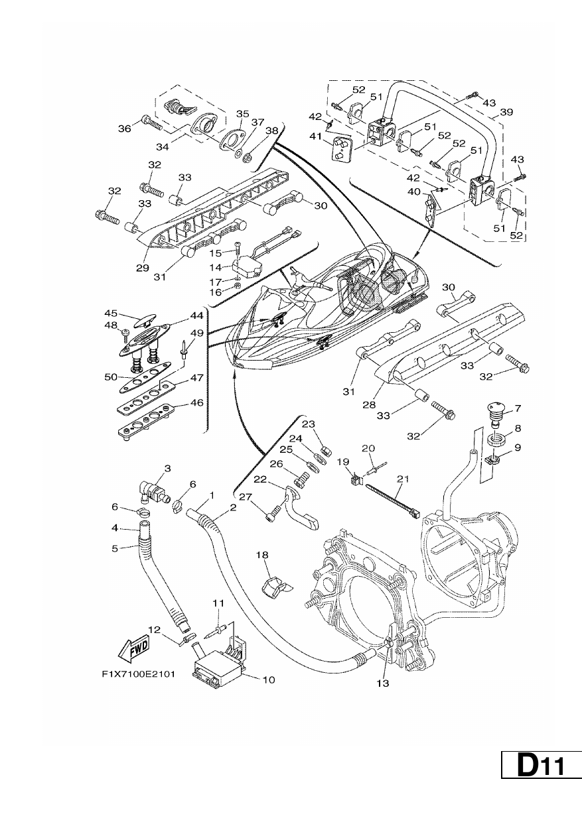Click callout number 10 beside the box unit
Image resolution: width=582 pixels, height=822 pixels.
click(x=269, y=679)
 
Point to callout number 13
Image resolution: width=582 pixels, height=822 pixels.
click(x=382, y=683)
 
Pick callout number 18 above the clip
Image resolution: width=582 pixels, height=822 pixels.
click(x=262, y=555)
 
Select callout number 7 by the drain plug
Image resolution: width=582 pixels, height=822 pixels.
click(x=518, y=408)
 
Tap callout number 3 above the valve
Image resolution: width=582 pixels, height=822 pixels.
click(x=167, y=468)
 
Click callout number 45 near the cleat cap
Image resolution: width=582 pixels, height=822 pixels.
click(x=111, y=313)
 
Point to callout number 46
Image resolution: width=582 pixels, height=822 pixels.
click(x=197, y=402)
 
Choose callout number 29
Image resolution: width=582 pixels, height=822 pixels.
click(x=143, y=268)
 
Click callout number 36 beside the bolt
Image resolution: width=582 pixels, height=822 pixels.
click(x=125, y=129)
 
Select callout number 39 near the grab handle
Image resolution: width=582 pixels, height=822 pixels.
click(x=506, y=112)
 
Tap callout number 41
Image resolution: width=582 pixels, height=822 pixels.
click(x=316, y=137)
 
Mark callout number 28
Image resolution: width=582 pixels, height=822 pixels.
click(x=369, y=404)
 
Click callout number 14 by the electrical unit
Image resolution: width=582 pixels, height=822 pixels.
click(x=216, y=268)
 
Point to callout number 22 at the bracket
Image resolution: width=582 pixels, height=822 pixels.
click(x=261, y=479)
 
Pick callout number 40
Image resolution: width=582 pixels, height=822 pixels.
click(x=413, y=192)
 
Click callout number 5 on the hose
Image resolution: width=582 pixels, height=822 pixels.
click(x=115, y=548)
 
